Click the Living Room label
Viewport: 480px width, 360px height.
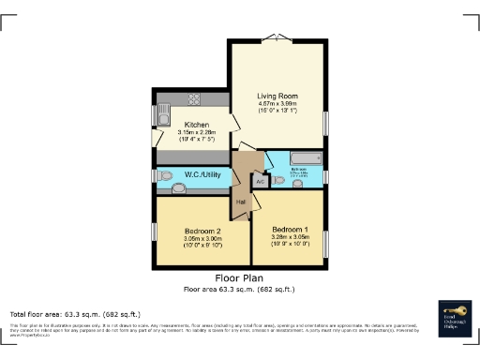point(277,95)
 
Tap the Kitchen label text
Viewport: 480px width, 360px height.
point(197,125)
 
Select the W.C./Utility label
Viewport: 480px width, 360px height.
point(202,173)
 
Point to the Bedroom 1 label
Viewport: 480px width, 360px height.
point(289,230)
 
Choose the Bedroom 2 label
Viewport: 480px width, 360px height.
point(202,231)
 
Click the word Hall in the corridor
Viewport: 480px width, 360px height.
point(241,202)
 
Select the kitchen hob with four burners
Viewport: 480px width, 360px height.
point(196,99)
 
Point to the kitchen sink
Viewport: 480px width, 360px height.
point(161,116)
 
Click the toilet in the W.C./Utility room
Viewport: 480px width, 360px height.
point(164,175)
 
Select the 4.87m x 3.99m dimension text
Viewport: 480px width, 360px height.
point(277,103)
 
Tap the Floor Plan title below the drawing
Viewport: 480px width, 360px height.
point(239,278)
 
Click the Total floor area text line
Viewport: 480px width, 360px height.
point(75,313)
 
